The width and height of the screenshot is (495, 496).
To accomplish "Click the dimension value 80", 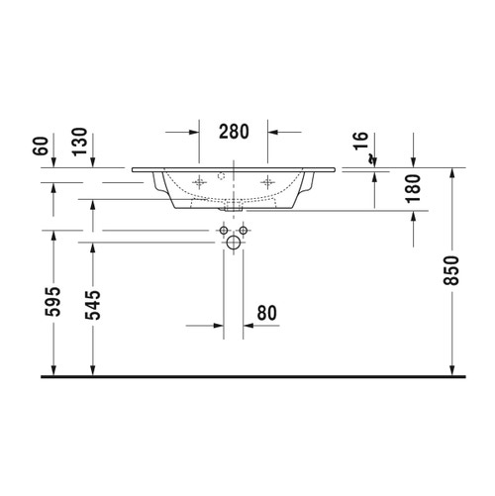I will [265, 313].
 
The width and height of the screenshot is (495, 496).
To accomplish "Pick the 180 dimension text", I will [413, 187].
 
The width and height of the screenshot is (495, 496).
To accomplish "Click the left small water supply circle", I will [224, 230].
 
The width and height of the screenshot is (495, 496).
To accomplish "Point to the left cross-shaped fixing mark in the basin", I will [201, 181].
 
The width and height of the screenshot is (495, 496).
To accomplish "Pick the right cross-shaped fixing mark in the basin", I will [265, 181].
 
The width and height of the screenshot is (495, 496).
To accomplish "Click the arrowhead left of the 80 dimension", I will [220, 324].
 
